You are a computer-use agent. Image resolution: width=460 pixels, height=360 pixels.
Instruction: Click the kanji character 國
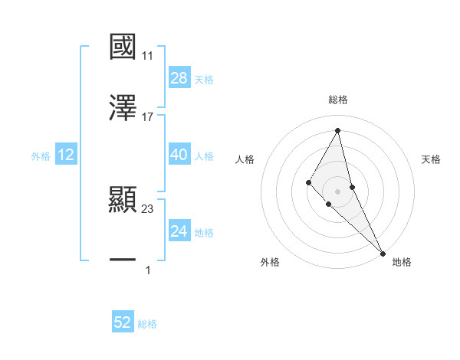(123, 47)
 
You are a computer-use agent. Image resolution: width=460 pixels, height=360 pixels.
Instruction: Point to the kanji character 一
(123, 261)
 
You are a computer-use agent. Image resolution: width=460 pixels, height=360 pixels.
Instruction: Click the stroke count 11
(148, 56)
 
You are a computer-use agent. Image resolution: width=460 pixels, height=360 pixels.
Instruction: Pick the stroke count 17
(148, 117)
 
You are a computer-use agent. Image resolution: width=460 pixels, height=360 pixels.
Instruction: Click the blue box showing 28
(179, 78)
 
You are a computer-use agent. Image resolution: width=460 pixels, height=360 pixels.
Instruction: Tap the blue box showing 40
(179, 155)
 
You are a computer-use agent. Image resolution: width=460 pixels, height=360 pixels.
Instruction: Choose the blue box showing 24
(179, 231)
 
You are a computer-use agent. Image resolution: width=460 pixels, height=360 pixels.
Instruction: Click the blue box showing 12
(66, 155)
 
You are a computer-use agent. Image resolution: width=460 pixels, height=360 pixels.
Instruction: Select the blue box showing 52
(123, 322)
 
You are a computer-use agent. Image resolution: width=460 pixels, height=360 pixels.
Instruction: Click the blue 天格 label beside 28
(204, 79)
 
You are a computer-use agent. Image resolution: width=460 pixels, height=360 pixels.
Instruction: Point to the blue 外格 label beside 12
(41, 155)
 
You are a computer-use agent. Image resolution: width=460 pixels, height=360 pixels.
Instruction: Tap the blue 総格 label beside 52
(147, 323)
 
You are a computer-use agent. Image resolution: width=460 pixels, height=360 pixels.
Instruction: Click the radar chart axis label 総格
(338, 100)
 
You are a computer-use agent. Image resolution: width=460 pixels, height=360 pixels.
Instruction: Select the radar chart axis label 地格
(402, 262)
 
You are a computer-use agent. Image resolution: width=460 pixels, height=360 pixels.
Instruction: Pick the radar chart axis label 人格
(245, 159)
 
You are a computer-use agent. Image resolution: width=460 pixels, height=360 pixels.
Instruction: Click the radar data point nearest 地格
(383, 253)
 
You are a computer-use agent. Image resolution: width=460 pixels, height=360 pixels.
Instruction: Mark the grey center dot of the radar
(338, 191)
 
